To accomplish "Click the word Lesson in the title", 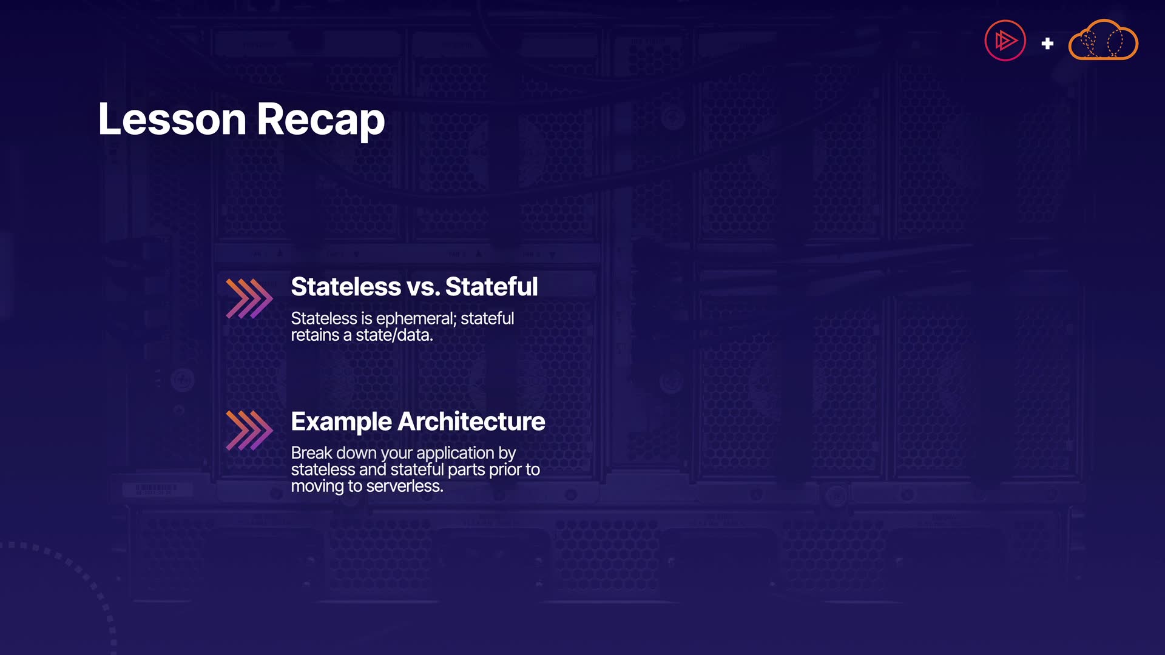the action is (x=172, y=119).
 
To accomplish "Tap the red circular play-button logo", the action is (x=1005, y=41).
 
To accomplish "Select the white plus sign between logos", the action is (x=1047, y=44).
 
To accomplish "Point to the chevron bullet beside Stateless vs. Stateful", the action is (x=249, y=298).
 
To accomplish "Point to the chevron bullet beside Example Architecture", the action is (x=249, y=430).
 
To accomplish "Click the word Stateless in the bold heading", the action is (x=346, y=287).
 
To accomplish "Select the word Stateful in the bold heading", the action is (x=491, y=287).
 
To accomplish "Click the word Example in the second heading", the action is (x=342, y=422).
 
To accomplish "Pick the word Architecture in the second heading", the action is (x=471, y=422).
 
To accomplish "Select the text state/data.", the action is (x=394, y=335).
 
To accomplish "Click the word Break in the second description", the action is (x=312, y=453).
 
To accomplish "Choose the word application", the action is (x=455, y=454).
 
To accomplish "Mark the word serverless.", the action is (x=405, y=486).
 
